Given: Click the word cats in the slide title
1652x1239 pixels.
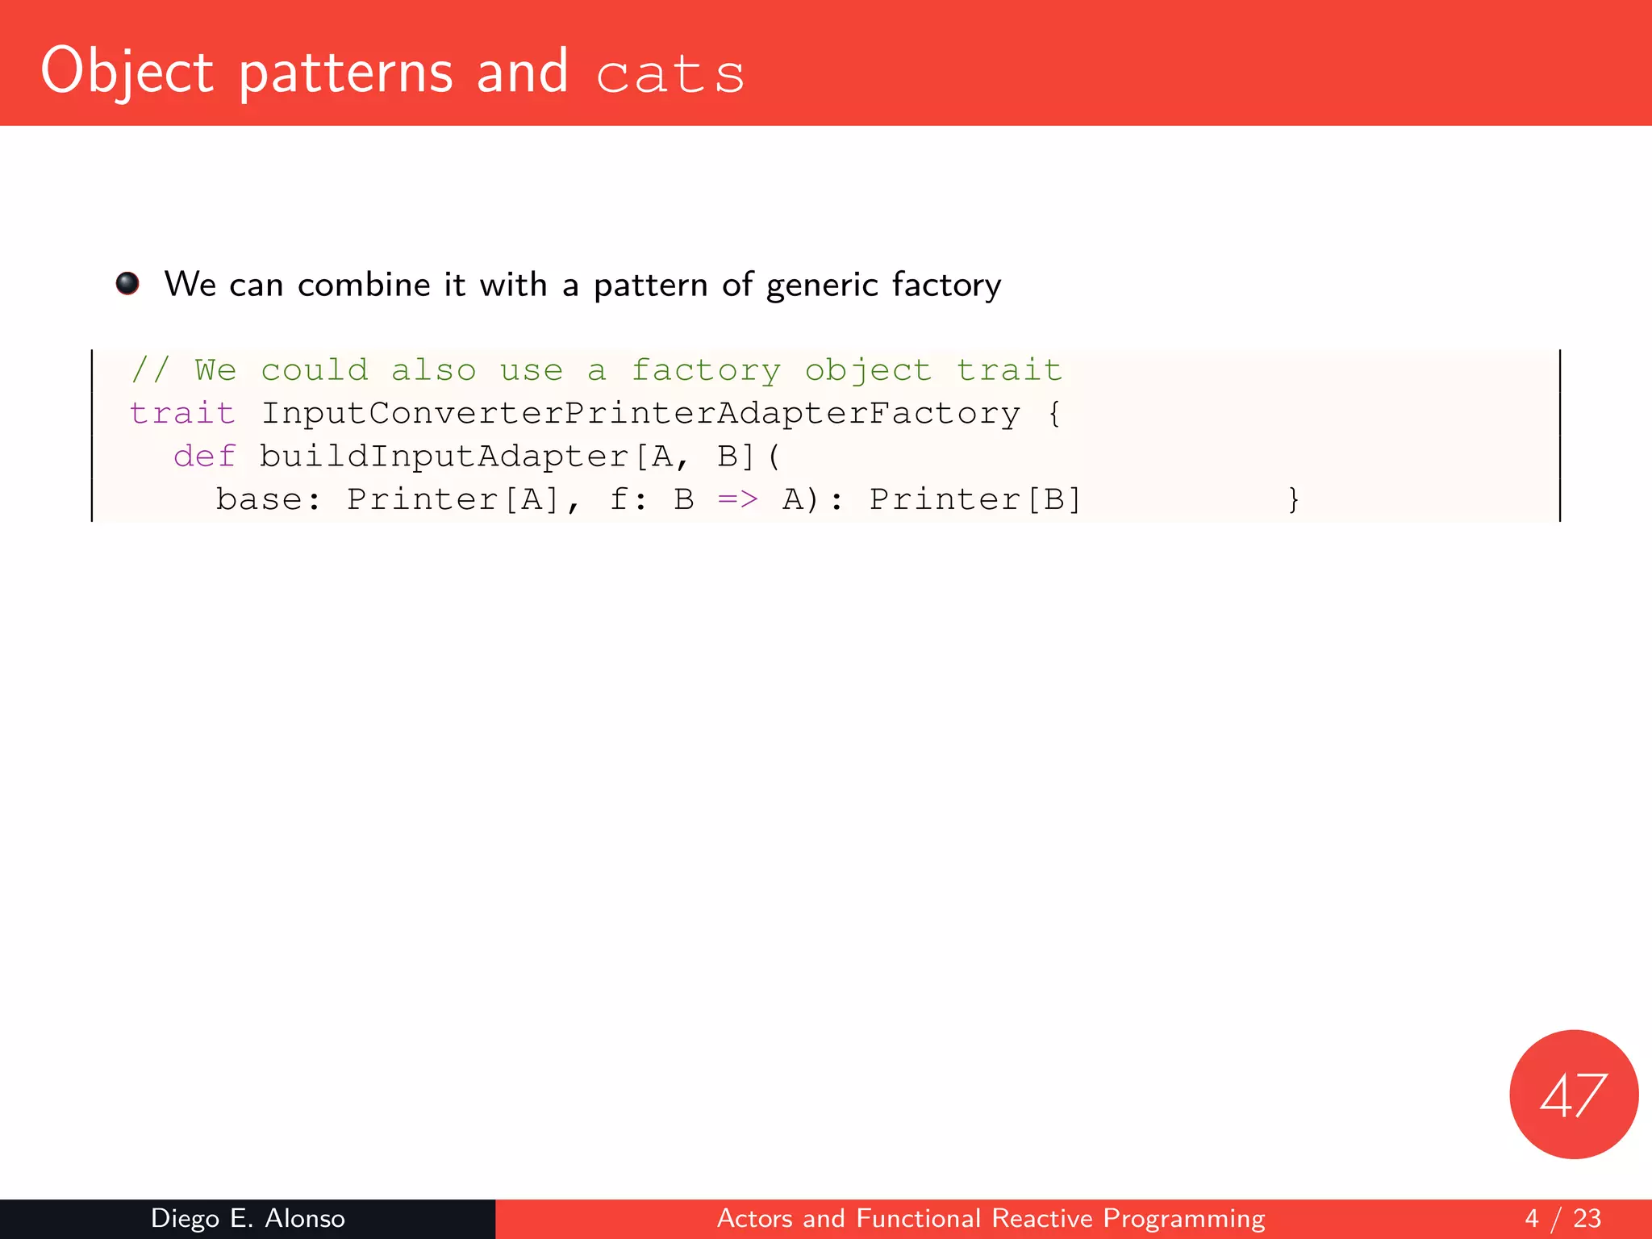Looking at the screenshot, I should coord(670,74).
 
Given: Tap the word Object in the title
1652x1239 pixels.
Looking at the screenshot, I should coord(127,73).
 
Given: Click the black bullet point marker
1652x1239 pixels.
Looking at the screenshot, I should coord(127,283).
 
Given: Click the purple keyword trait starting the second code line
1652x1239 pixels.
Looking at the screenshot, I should coord(182,413).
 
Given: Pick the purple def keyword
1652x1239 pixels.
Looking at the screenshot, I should coord(204,457).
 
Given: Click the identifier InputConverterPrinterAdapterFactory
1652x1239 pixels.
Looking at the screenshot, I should coord(640,413).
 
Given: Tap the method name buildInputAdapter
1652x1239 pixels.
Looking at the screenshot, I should coord(444,457).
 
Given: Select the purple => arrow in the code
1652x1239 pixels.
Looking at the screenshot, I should coord(738,500).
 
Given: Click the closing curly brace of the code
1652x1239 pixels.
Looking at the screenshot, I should coord(1293,500).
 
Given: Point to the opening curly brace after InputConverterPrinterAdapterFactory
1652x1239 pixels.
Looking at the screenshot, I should coord(1054,413).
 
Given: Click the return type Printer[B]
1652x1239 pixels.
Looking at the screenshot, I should coord(974,500).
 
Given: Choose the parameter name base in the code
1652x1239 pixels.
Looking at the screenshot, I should coord(259,500).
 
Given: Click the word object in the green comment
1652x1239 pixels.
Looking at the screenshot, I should coord(868,370).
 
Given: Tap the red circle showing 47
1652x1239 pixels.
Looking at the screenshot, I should coord(1573,1094).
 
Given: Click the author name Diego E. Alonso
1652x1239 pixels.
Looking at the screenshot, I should coord(248,1218).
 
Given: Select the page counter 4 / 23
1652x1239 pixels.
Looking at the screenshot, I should coord(1562,1218).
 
